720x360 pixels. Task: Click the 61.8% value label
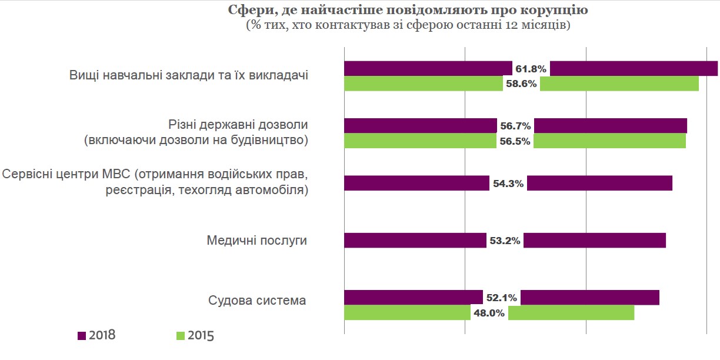(x=531, y=69)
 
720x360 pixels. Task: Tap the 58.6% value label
(x=521, y=84)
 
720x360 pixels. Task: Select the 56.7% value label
(x=516, y=126)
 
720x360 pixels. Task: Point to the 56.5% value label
(x=515, y=141)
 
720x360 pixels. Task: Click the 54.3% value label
(x=508, y=184)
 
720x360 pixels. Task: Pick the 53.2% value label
(x=505, y=241)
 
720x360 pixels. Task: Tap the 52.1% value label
(x=501, y=298)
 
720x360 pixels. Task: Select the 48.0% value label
(x=489, y=313)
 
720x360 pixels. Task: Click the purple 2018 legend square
(x=82, y=335)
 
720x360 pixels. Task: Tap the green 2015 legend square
(x=181, y=336)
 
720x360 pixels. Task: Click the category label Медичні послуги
(x=256, y=241)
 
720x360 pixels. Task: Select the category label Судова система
(x=257, y=301)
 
